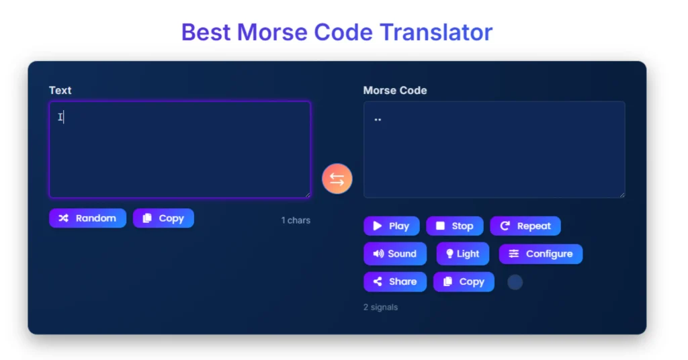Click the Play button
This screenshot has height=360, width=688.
pyautogui.click(x=392, y=226)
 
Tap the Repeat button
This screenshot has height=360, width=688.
pyautogui.click(x=525, y=226)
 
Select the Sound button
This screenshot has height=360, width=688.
pyautogui.click(x=395, y=253)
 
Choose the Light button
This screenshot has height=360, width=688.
pyautogui.click(x=462, y=253)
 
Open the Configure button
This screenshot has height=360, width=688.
pyautogui.click(x=541, y=254)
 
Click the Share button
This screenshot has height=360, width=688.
pyautogui.click(x=395, y=281)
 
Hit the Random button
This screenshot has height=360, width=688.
pyautogui.click(x=88, y=218)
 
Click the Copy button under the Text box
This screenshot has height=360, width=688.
pyautogui.click(x=163, y=218)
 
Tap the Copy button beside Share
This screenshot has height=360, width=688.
pyautogui.click(x=464, y=281)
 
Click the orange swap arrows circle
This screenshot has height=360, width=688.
pyautogui.click(x=337, y=179)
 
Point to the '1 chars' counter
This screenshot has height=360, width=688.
pyautogui.click(x=296, y=220)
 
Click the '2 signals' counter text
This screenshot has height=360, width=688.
pyautogui.click(x=380, y=307)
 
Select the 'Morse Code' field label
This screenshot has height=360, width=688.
pyautogui.click(x=395, y=90)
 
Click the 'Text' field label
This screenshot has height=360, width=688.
pyautogui.click(x=60, y=90)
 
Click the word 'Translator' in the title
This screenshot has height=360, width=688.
pyautogui.click(x=436, y=32)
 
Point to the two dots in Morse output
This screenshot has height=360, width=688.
pyautogui.click(x=378, y=120)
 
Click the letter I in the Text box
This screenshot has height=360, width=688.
pyautogui.click(x=60, y=117)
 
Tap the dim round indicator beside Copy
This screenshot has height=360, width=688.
pyautogui.click(x=515, y=282)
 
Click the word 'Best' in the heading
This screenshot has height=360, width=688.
pyautogui.click(x=206, y=32)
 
